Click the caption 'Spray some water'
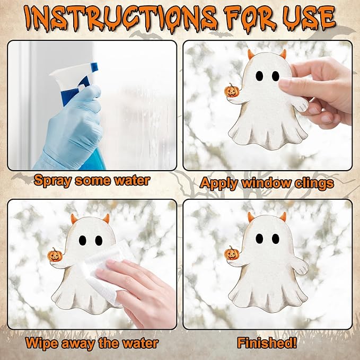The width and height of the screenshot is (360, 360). tap(91, 180)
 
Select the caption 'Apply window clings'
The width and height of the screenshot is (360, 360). tap(267, 183)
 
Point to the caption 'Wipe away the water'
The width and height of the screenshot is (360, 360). tap(91, 343)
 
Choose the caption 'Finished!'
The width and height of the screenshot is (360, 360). tap(267, 343)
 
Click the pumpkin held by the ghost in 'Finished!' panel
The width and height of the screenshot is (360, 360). tap(232, 253)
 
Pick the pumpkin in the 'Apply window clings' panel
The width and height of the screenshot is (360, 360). tap(232, 91)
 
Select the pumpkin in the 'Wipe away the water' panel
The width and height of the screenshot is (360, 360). tap(55, 254)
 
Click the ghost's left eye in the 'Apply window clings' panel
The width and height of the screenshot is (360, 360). tap(259, 76)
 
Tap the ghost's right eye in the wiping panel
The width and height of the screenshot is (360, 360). tap(99, 240)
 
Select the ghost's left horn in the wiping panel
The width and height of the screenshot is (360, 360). tap(74, 218)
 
